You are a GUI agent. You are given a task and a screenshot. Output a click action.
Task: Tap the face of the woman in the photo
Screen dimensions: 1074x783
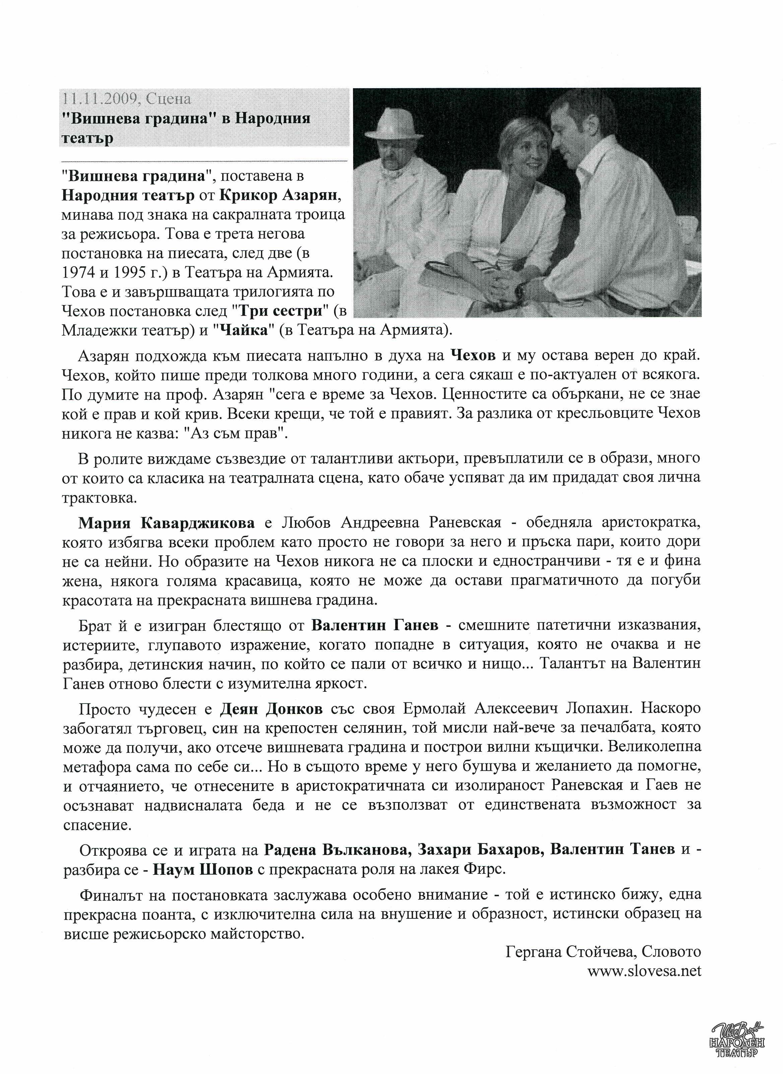click(x=520, y=161)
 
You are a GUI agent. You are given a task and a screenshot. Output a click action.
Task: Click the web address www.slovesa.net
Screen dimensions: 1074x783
click(x=644, y=971)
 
